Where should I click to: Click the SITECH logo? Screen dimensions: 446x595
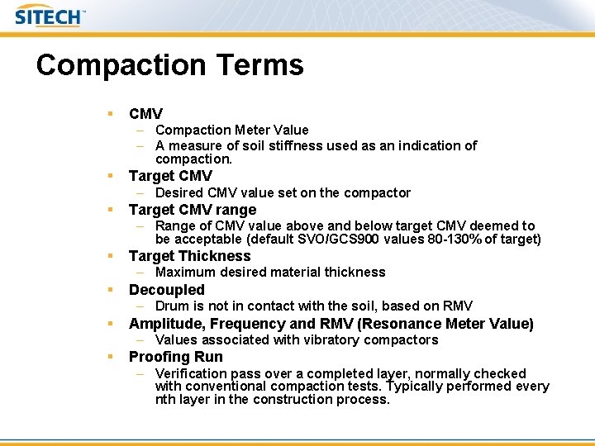click(50, 17)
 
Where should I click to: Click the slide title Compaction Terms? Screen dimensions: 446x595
click(169, 64)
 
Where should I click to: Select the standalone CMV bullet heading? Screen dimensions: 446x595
click(145, 113)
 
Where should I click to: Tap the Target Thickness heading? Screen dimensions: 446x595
click(189, 256)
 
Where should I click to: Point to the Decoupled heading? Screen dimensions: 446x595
click(166, 290)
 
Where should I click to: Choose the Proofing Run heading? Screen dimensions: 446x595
click(175, 357)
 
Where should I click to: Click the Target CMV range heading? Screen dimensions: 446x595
click(193, 210)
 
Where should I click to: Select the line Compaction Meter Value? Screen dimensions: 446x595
click(231, 130)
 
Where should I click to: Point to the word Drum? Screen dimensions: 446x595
click(171, 306)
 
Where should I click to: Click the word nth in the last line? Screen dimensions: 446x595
click(166, 400)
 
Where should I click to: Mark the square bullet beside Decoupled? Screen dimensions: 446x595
click(109, 290)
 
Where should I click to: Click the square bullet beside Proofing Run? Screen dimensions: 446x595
click(109, 357)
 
